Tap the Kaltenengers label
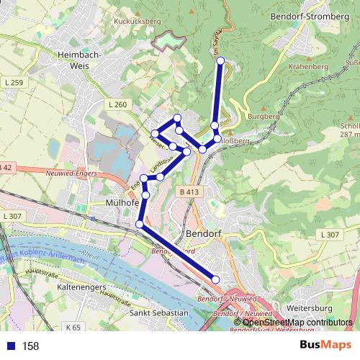(82, 287)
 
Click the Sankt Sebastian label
(158, 314)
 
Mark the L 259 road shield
(14, 84)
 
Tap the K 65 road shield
(72, 328)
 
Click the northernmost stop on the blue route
(220, 60)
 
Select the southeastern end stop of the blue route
(215, 279)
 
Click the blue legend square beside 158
(10, 346)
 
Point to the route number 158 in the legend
(31, 346)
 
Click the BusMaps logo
(321, 346)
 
